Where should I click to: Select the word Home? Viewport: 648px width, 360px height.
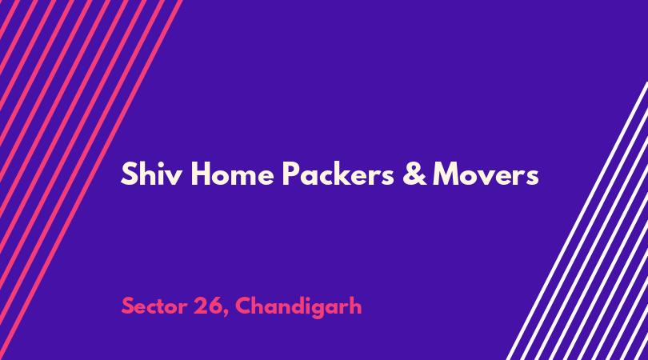(x=232, y=174)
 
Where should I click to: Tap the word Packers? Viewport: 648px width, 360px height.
(x=338, y=174)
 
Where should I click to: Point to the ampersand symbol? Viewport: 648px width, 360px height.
(x=414, y=174)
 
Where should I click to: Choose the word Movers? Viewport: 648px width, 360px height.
(x=486, y=174)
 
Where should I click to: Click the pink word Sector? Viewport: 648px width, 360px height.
(x=154, y=306)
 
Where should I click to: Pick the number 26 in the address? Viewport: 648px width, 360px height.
(x=207, y=306)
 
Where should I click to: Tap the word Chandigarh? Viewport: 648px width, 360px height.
(x=298, y=307)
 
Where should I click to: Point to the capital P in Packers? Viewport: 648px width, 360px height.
(x=291, y=174)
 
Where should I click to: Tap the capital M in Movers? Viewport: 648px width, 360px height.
(x=446, y=174)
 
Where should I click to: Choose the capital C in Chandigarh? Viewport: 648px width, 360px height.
(x=243, y=306)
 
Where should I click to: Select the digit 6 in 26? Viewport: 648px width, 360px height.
(x=215, y=306)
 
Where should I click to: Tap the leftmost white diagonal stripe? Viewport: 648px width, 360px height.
(x=576, y=221)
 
